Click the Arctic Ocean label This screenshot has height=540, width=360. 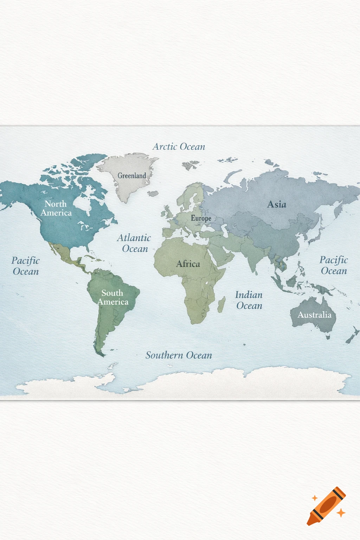pyautogui.click(x=179, y=147)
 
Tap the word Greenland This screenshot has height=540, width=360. pyautogui.click(x=132, y=175)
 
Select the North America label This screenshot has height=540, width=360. pyautogui.click(x=56, y=208)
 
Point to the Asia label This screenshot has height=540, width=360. pyautogui.click(x=277, y=204)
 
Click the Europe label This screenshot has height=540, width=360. pyautogui.click(x=201, y=218)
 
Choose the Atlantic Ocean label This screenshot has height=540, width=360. pyautogui.click(x=134, y=243)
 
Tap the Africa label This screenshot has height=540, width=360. pyautogui.click(x=188, y=264)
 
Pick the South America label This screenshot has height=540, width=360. pyautogui.click(x=112, y=297)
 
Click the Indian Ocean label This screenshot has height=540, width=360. pyautogui.click(x=249, y=300)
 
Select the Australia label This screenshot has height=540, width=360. pyautogui.click(x=314, y=315)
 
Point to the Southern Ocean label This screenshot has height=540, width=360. pyautogui.click(x=179, y=355)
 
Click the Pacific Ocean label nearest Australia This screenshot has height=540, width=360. pyautogui.click(x=334, y=265)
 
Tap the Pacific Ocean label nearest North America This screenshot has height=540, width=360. pyautogui.click(x=25, y=266)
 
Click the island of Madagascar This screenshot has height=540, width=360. pyautogui.click(x=221, y=304)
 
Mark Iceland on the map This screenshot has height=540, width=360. pyautogui.click(x=153, y=193)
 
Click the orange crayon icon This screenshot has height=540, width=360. pyautogui.click(x=326, y=506)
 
